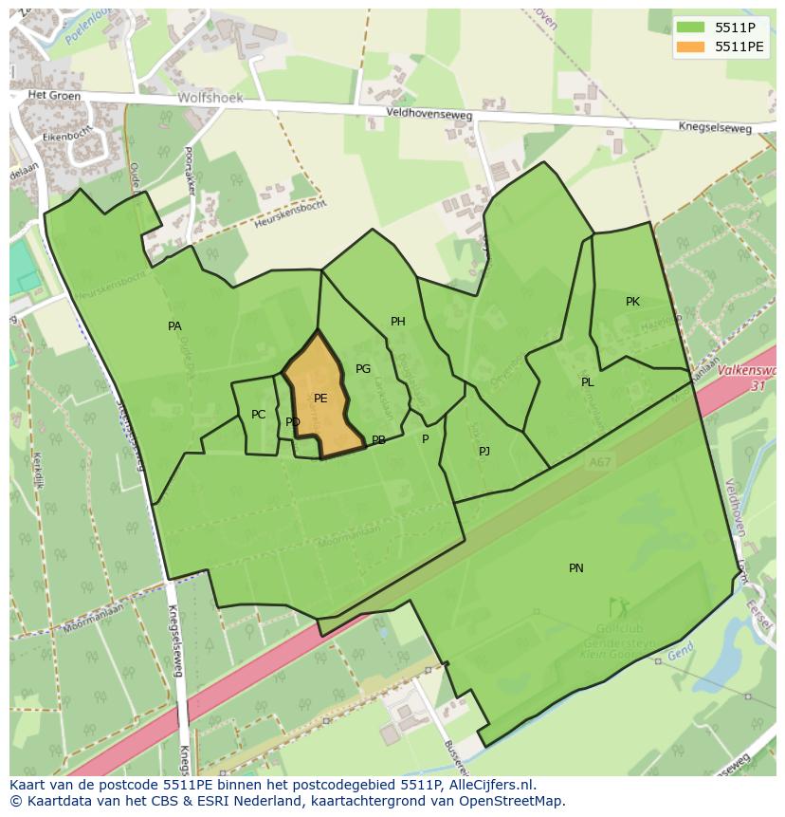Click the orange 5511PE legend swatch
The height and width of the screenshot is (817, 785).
[x=692, y=46]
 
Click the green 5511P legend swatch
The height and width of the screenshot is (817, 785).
[x=692, y=27]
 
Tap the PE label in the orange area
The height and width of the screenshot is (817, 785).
[x=320, y=399]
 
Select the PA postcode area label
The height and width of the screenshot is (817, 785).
[x=174, y=326]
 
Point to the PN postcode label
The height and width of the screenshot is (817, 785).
[x=576, y=568]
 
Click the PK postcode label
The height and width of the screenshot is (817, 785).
[x=632, y=302]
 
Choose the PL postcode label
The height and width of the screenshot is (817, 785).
[x=588, y=382]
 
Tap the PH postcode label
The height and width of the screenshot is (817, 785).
[x=398, y=322]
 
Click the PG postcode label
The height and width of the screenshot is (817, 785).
[x=363, y=369]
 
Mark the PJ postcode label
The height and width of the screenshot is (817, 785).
[x=484, y=451]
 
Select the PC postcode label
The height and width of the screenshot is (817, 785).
[x=259, y=415]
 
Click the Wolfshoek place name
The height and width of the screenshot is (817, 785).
[x=210, y=98]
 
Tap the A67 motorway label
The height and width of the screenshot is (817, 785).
[x=598, y=462]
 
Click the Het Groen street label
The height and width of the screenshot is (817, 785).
[x=50, y=95]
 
